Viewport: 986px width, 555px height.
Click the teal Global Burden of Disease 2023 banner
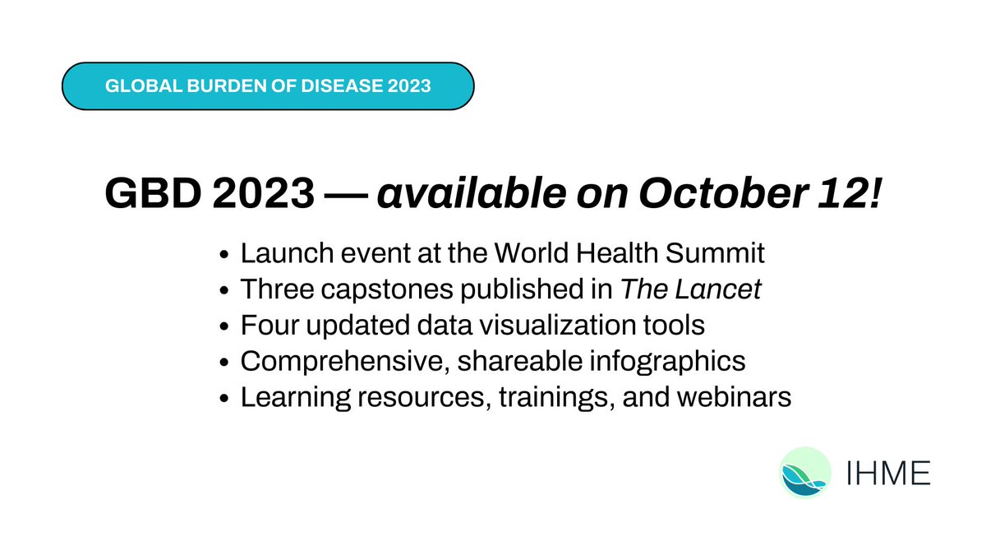(x=268, y=86)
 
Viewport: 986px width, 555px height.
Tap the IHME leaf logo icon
(x=804, y=472)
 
